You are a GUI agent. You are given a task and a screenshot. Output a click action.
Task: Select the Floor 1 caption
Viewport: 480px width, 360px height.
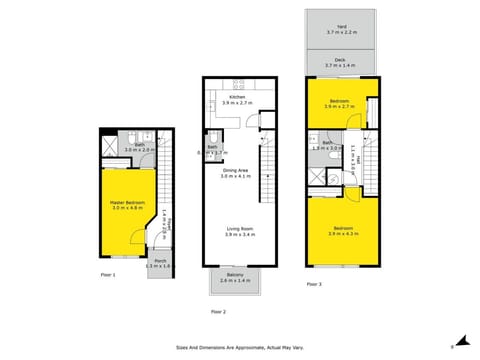click(x=108, y=273)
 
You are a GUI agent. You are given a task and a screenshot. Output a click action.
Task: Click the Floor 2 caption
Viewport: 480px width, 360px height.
click(x=218, y=312)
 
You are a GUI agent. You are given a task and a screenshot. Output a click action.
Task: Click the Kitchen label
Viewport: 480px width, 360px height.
click(x=237, y=99)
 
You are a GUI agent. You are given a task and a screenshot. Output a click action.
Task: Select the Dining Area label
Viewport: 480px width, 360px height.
click(x=237, y=173)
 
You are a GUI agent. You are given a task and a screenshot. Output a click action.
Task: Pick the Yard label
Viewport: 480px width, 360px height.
click(x=341, y=30)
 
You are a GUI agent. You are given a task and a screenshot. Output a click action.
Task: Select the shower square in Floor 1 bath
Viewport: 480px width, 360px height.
click(x=109, y=145)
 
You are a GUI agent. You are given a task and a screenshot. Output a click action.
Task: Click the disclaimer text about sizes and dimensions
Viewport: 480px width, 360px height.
click(x=239, y=348)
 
